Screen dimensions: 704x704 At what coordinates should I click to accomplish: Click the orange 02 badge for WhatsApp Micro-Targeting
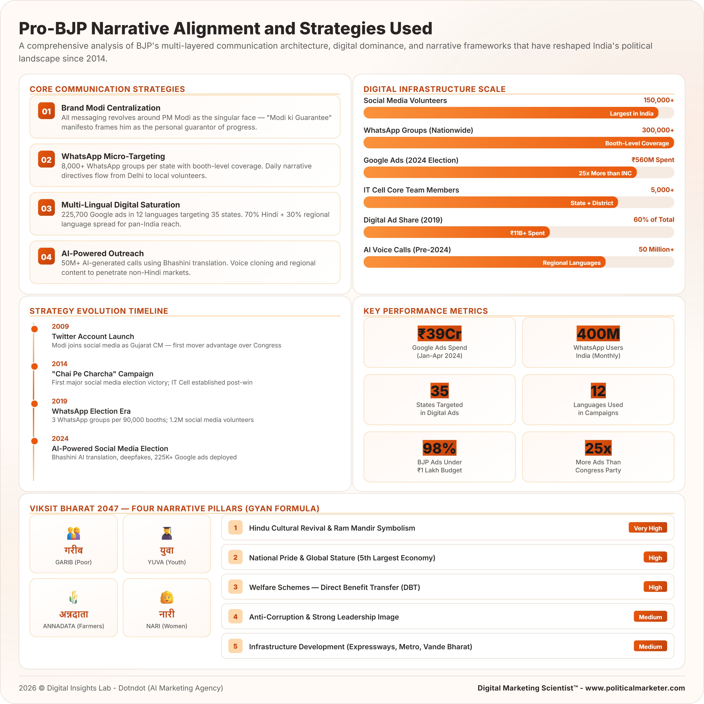[x=46, y=160]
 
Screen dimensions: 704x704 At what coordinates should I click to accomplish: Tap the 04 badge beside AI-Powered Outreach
[x=46, y=257]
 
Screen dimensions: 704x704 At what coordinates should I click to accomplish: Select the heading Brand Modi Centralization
[x=111, y=108]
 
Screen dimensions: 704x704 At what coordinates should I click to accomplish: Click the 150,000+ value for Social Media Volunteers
[x=658, y=100]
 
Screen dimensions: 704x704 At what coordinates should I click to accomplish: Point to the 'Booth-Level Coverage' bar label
[x=637, y=143]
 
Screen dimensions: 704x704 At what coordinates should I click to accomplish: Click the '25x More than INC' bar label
[x=605, y=173]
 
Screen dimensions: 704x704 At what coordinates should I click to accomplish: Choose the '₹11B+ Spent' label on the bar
[x=527, y=233]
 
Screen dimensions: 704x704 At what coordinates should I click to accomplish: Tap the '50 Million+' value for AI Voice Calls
[x=656, y=249]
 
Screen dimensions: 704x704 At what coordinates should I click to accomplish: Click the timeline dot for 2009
[x=35, y=329]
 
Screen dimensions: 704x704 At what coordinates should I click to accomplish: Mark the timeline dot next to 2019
[x=35, y=403]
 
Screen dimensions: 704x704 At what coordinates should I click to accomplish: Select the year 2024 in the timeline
[x=60, y=438]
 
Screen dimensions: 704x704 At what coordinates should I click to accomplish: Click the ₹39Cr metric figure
[x=439, y=333]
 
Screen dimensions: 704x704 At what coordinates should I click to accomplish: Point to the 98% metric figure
[x=439, y=448]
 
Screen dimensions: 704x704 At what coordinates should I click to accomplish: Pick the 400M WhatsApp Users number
[x=598, y=333]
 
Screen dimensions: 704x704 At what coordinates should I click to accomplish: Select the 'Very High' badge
[x=648, y=528]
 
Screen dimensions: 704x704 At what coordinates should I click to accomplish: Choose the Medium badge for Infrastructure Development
[x=650, y=646]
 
